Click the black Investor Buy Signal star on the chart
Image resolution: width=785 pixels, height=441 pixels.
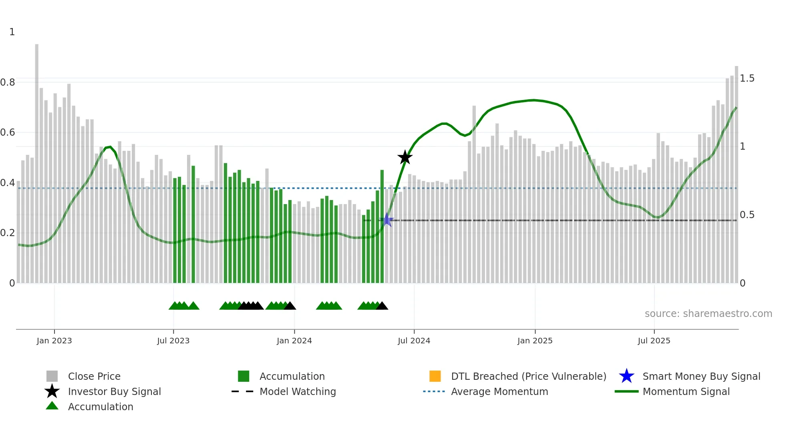click(x=405, y=157)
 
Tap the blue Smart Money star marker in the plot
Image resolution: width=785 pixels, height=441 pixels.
click(x=387, y=220)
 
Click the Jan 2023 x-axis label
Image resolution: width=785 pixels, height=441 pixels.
click(x=54, y=341)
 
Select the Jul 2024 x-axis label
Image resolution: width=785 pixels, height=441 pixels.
click(x=414, y=341)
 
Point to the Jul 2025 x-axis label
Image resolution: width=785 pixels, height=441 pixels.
click(x=654, y=341)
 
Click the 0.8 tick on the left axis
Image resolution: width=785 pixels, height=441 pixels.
click(x=8, y=82)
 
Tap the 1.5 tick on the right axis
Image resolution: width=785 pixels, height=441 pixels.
click(x=747, y=78)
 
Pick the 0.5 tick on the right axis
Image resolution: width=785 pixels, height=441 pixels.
click(x=747, y=215)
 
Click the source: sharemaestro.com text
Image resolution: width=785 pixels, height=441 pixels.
click(x=708, y=314)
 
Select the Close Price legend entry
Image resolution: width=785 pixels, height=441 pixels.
click(x=94, y=376)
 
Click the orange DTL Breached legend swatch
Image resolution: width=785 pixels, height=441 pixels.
click(x=435, y=376)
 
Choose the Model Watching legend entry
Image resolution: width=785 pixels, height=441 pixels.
click(x=297, y=391)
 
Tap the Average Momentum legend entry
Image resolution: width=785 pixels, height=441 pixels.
click(x=499, y=391)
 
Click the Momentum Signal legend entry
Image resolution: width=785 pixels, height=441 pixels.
click(x=686, y=391)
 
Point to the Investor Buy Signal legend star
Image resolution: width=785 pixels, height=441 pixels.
click(x=52, y=391)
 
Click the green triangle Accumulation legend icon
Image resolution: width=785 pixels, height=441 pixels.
click(x=52, y=406)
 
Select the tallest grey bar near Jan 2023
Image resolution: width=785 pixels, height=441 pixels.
click(x=37, y=160)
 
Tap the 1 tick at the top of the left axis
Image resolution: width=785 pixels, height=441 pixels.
click(x=12, y=32)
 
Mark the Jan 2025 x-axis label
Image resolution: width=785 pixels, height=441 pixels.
click(x=535, y=341)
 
